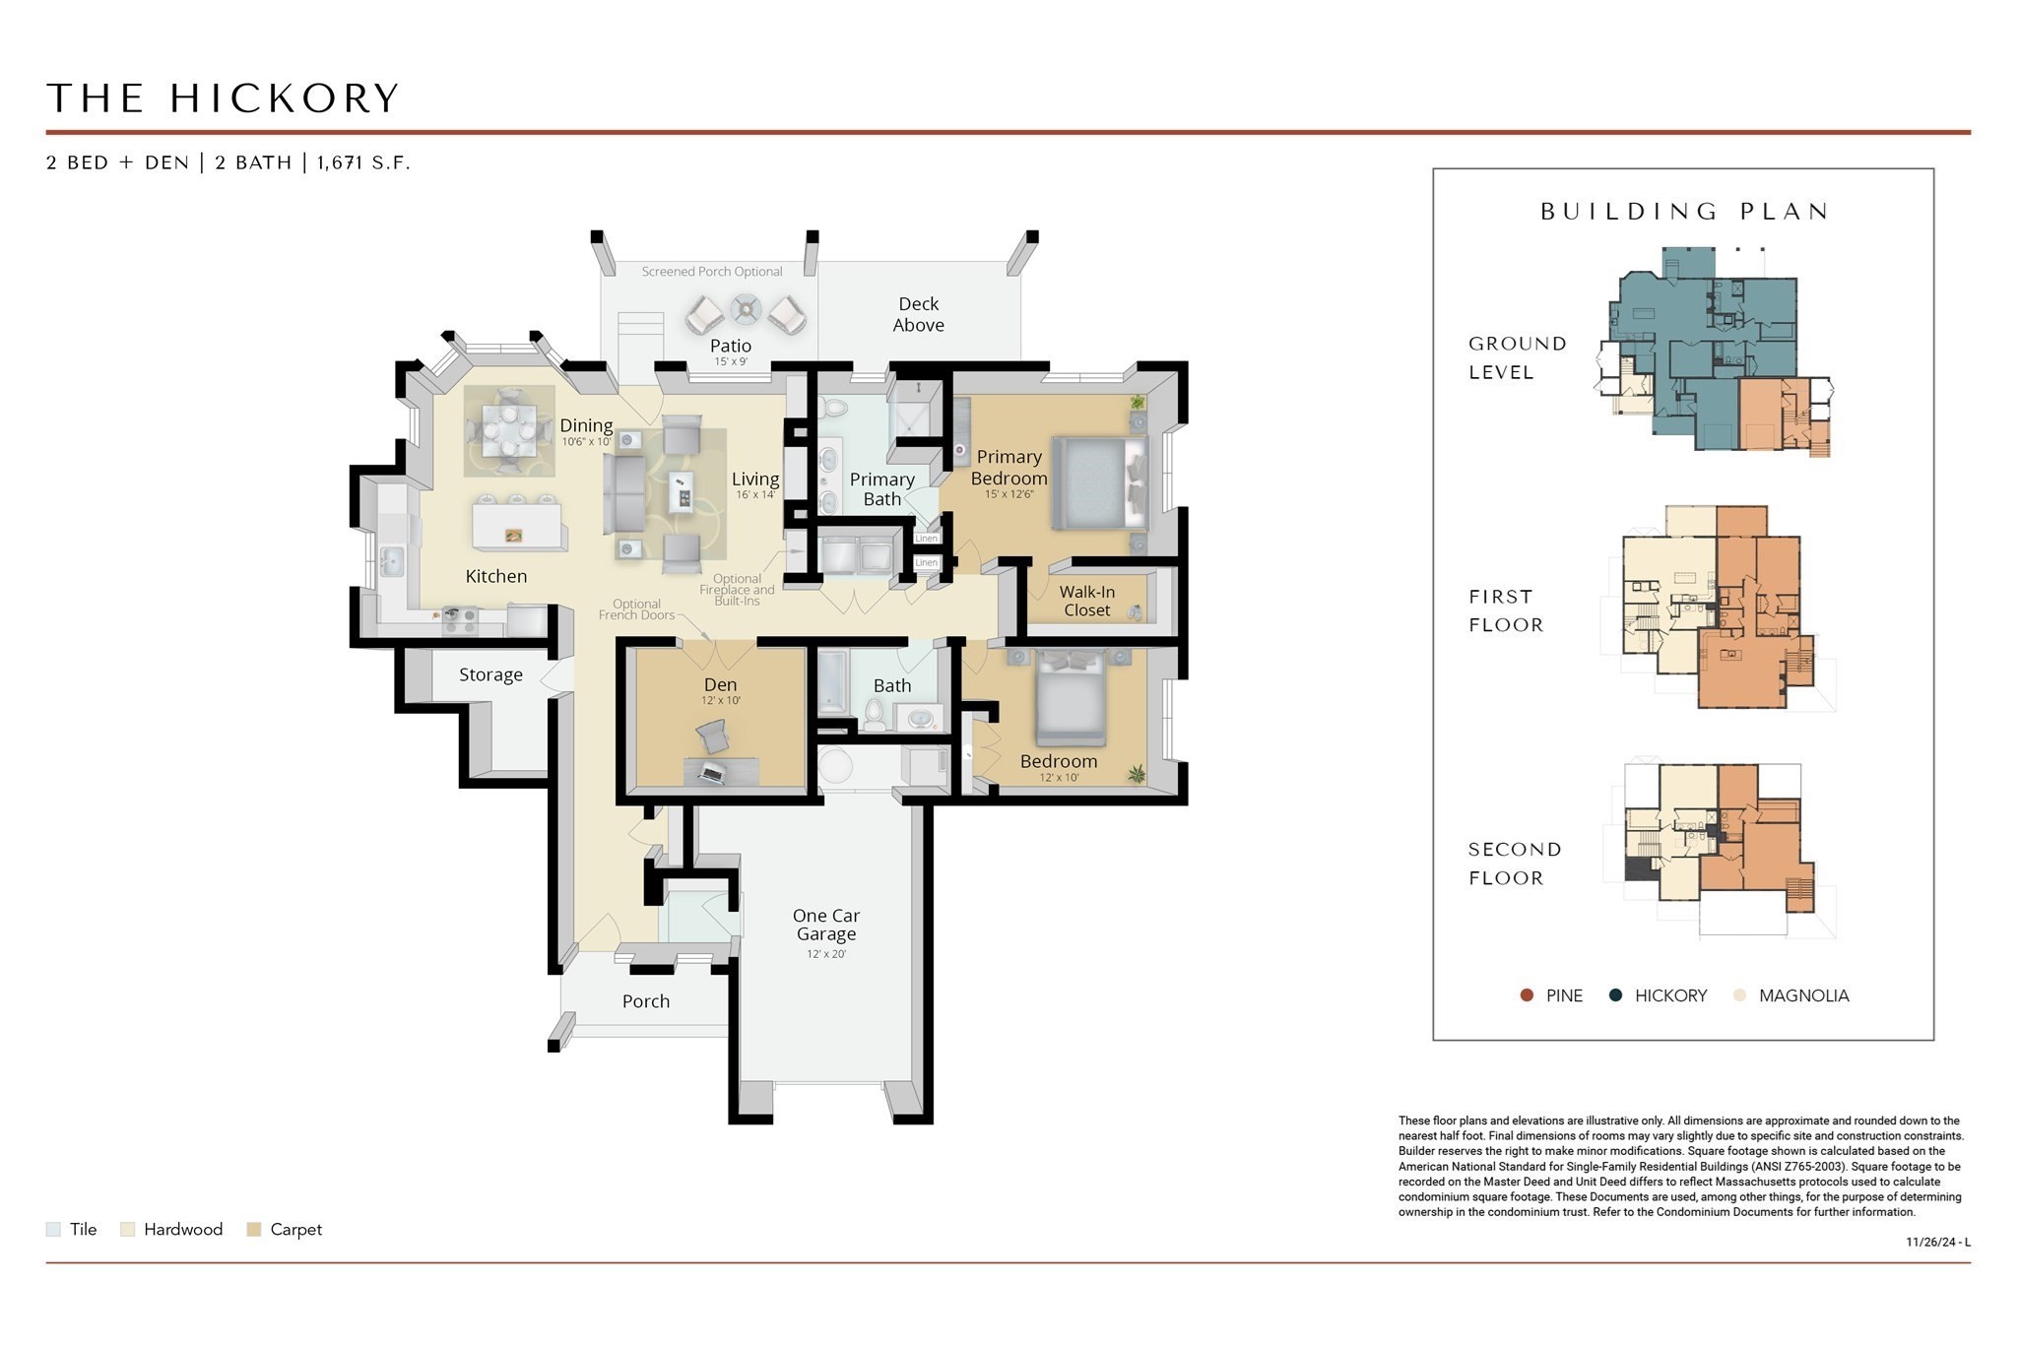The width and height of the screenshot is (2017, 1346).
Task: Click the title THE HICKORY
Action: point(223,98)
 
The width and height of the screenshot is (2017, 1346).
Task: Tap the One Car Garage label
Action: point(825,925)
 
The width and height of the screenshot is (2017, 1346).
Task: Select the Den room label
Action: point(720,684)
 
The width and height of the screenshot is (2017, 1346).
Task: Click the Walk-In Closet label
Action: point(1086,601)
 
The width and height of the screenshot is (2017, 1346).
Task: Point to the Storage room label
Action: point(490,674)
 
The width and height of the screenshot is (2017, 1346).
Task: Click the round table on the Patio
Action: point(746,311)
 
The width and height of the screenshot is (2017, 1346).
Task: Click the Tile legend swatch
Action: point(53,1229)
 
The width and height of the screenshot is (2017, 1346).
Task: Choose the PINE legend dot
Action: point(1528,995)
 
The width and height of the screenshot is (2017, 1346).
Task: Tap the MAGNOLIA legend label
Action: point(1803,995)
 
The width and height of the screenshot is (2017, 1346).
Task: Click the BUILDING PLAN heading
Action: point(1684,211)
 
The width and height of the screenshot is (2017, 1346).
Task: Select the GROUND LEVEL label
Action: point(1517,357)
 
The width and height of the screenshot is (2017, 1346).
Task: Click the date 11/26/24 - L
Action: point(1937,1242)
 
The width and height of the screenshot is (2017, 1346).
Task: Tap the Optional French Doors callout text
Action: point(636,609)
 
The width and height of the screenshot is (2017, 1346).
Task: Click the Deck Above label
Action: point(918,314)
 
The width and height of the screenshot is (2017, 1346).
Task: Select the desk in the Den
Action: point(721,771)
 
